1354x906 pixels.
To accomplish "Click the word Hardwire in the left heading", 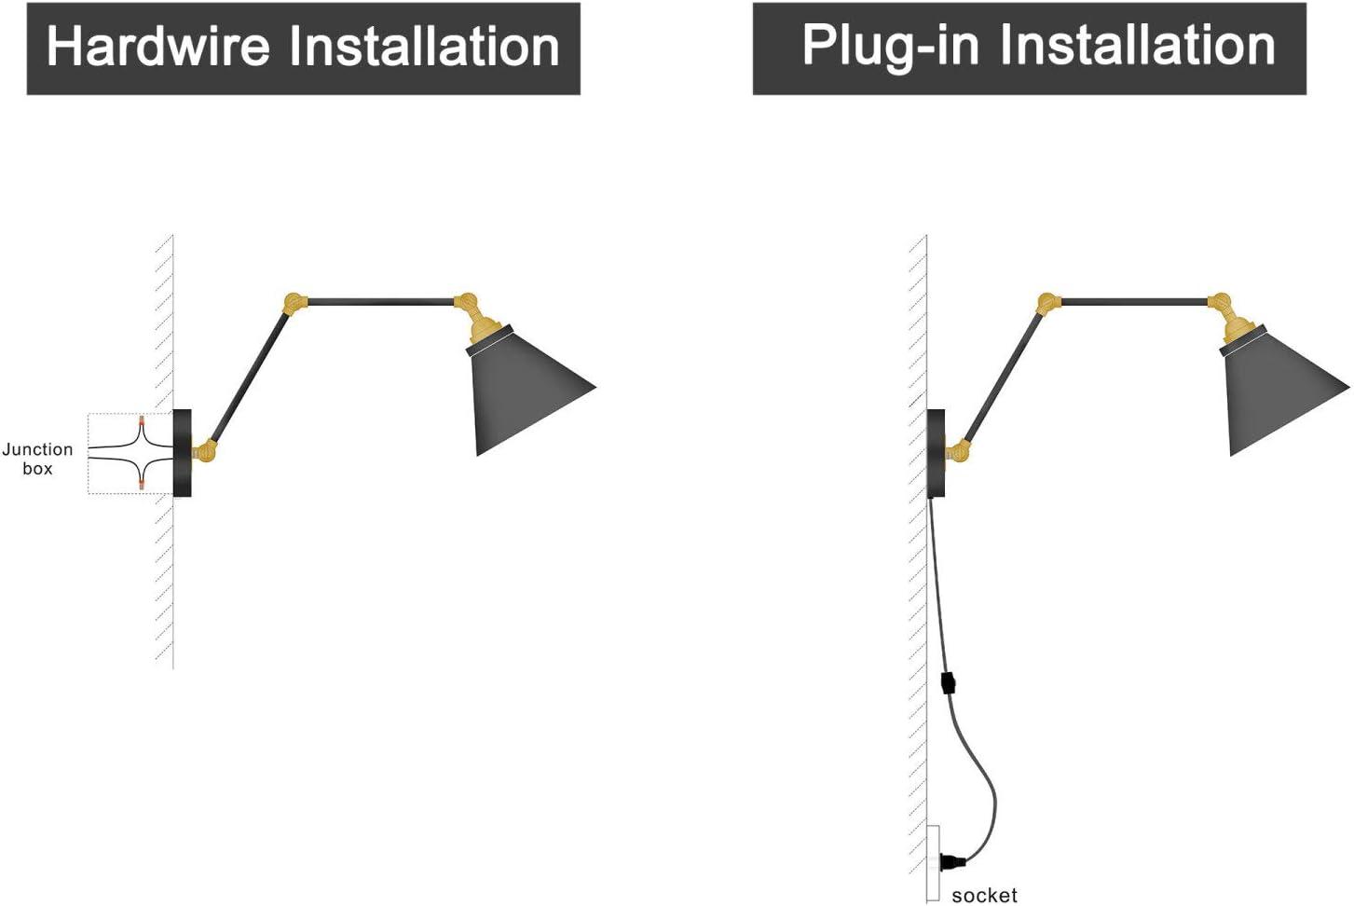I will tap(159, 47).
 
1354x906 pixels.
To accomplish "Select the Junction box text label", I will tap(37, 459).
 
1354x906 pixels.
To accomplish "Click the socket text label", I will tap(984, 895).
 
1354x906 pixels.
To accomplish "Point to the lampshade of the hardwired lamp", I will tap(527, 396).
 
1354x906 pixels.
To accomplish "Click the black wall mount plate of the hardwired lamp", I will tap(182, 453).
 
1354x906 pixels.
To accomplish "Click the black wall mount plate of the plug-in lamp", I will tap(936, 453).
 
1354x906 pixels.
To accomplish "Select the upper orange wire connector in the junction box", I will tap(142, 421).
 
